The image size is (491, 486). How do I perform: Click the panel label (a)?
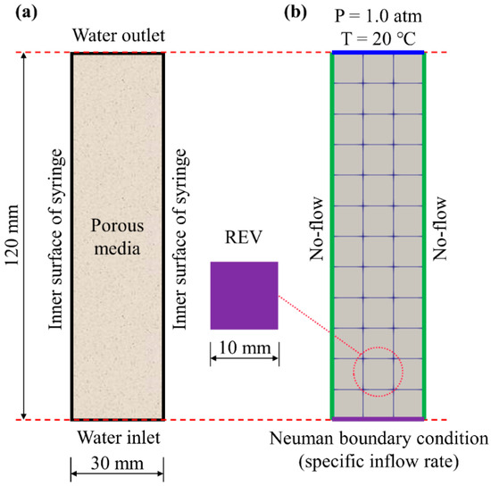click(16, 13)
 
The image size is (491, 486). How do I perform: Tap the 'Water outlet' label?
click(117, 37)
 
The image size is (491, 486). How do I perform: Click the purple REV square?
click(244, 295)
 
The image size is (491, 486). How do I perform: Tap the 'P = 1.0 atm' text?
click(378, 15)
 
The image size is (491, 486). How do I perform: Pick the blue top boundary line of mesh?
click(378, 53)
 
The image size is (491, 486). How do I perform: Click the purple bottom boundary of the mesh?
click(378, 418)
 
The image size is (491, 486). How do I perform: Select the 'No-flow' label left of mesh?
click(316, 235)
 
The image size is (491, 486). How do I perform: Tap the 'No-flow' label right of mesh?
click(439, 235)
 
